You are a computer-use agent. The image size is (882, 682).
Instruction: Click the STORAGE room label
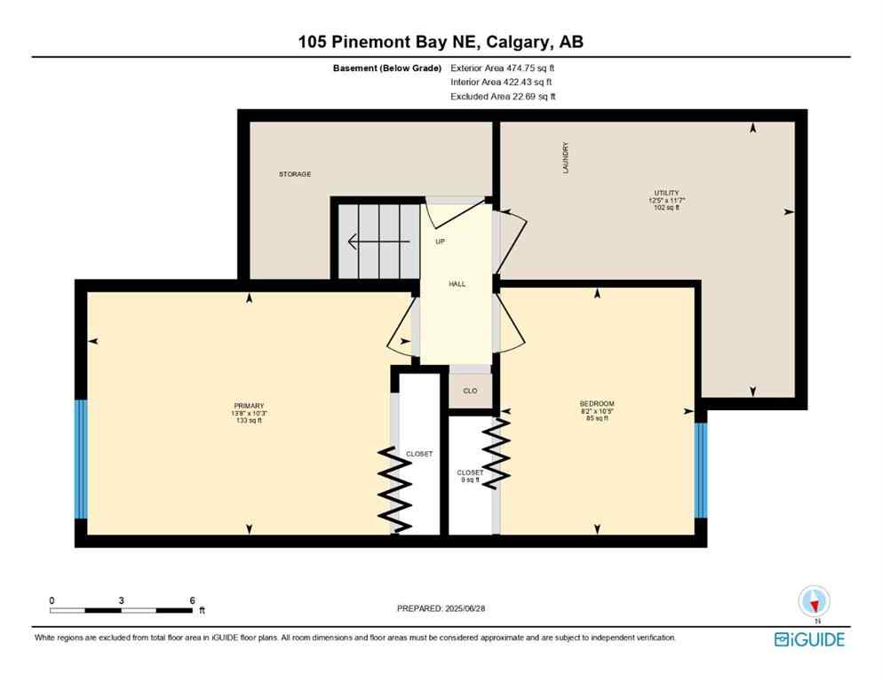(x=295, y=174)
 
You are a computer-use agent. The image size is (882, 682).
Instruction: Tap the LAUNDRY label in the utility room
(x=565, y=157)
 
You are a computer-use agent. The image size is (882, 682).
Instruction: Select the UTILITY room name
(x=667, y=193)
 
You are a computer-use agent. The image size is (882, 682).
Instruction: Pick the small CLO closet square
(x=470, y=391)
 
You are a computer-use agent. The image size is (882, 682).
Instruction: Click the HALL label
(x=457, y=284)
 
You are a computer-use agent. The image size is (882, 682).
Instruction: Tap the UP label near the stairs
(x=440, y=242)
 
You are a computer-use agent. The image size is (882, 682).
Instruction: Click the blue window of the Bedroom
(x=700, y=470)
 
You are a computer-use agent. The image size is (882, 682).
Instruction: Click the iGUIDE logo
(x=809, y=639)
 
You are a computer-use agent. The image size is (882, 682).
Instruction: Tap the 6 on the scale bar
(x=192, y=600)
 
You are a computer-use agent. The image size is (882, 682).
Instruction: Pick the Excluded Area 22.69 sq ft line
(x=503, y=96)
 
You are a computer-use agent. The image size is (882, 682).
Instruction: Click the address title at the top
(x=441, y=42)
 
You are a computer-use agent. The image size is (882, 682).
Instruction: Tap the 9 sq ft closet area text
(x=469, y=480)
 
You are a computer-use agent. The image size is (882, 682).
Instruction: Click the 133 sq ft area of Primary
(x=248, y=420)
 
